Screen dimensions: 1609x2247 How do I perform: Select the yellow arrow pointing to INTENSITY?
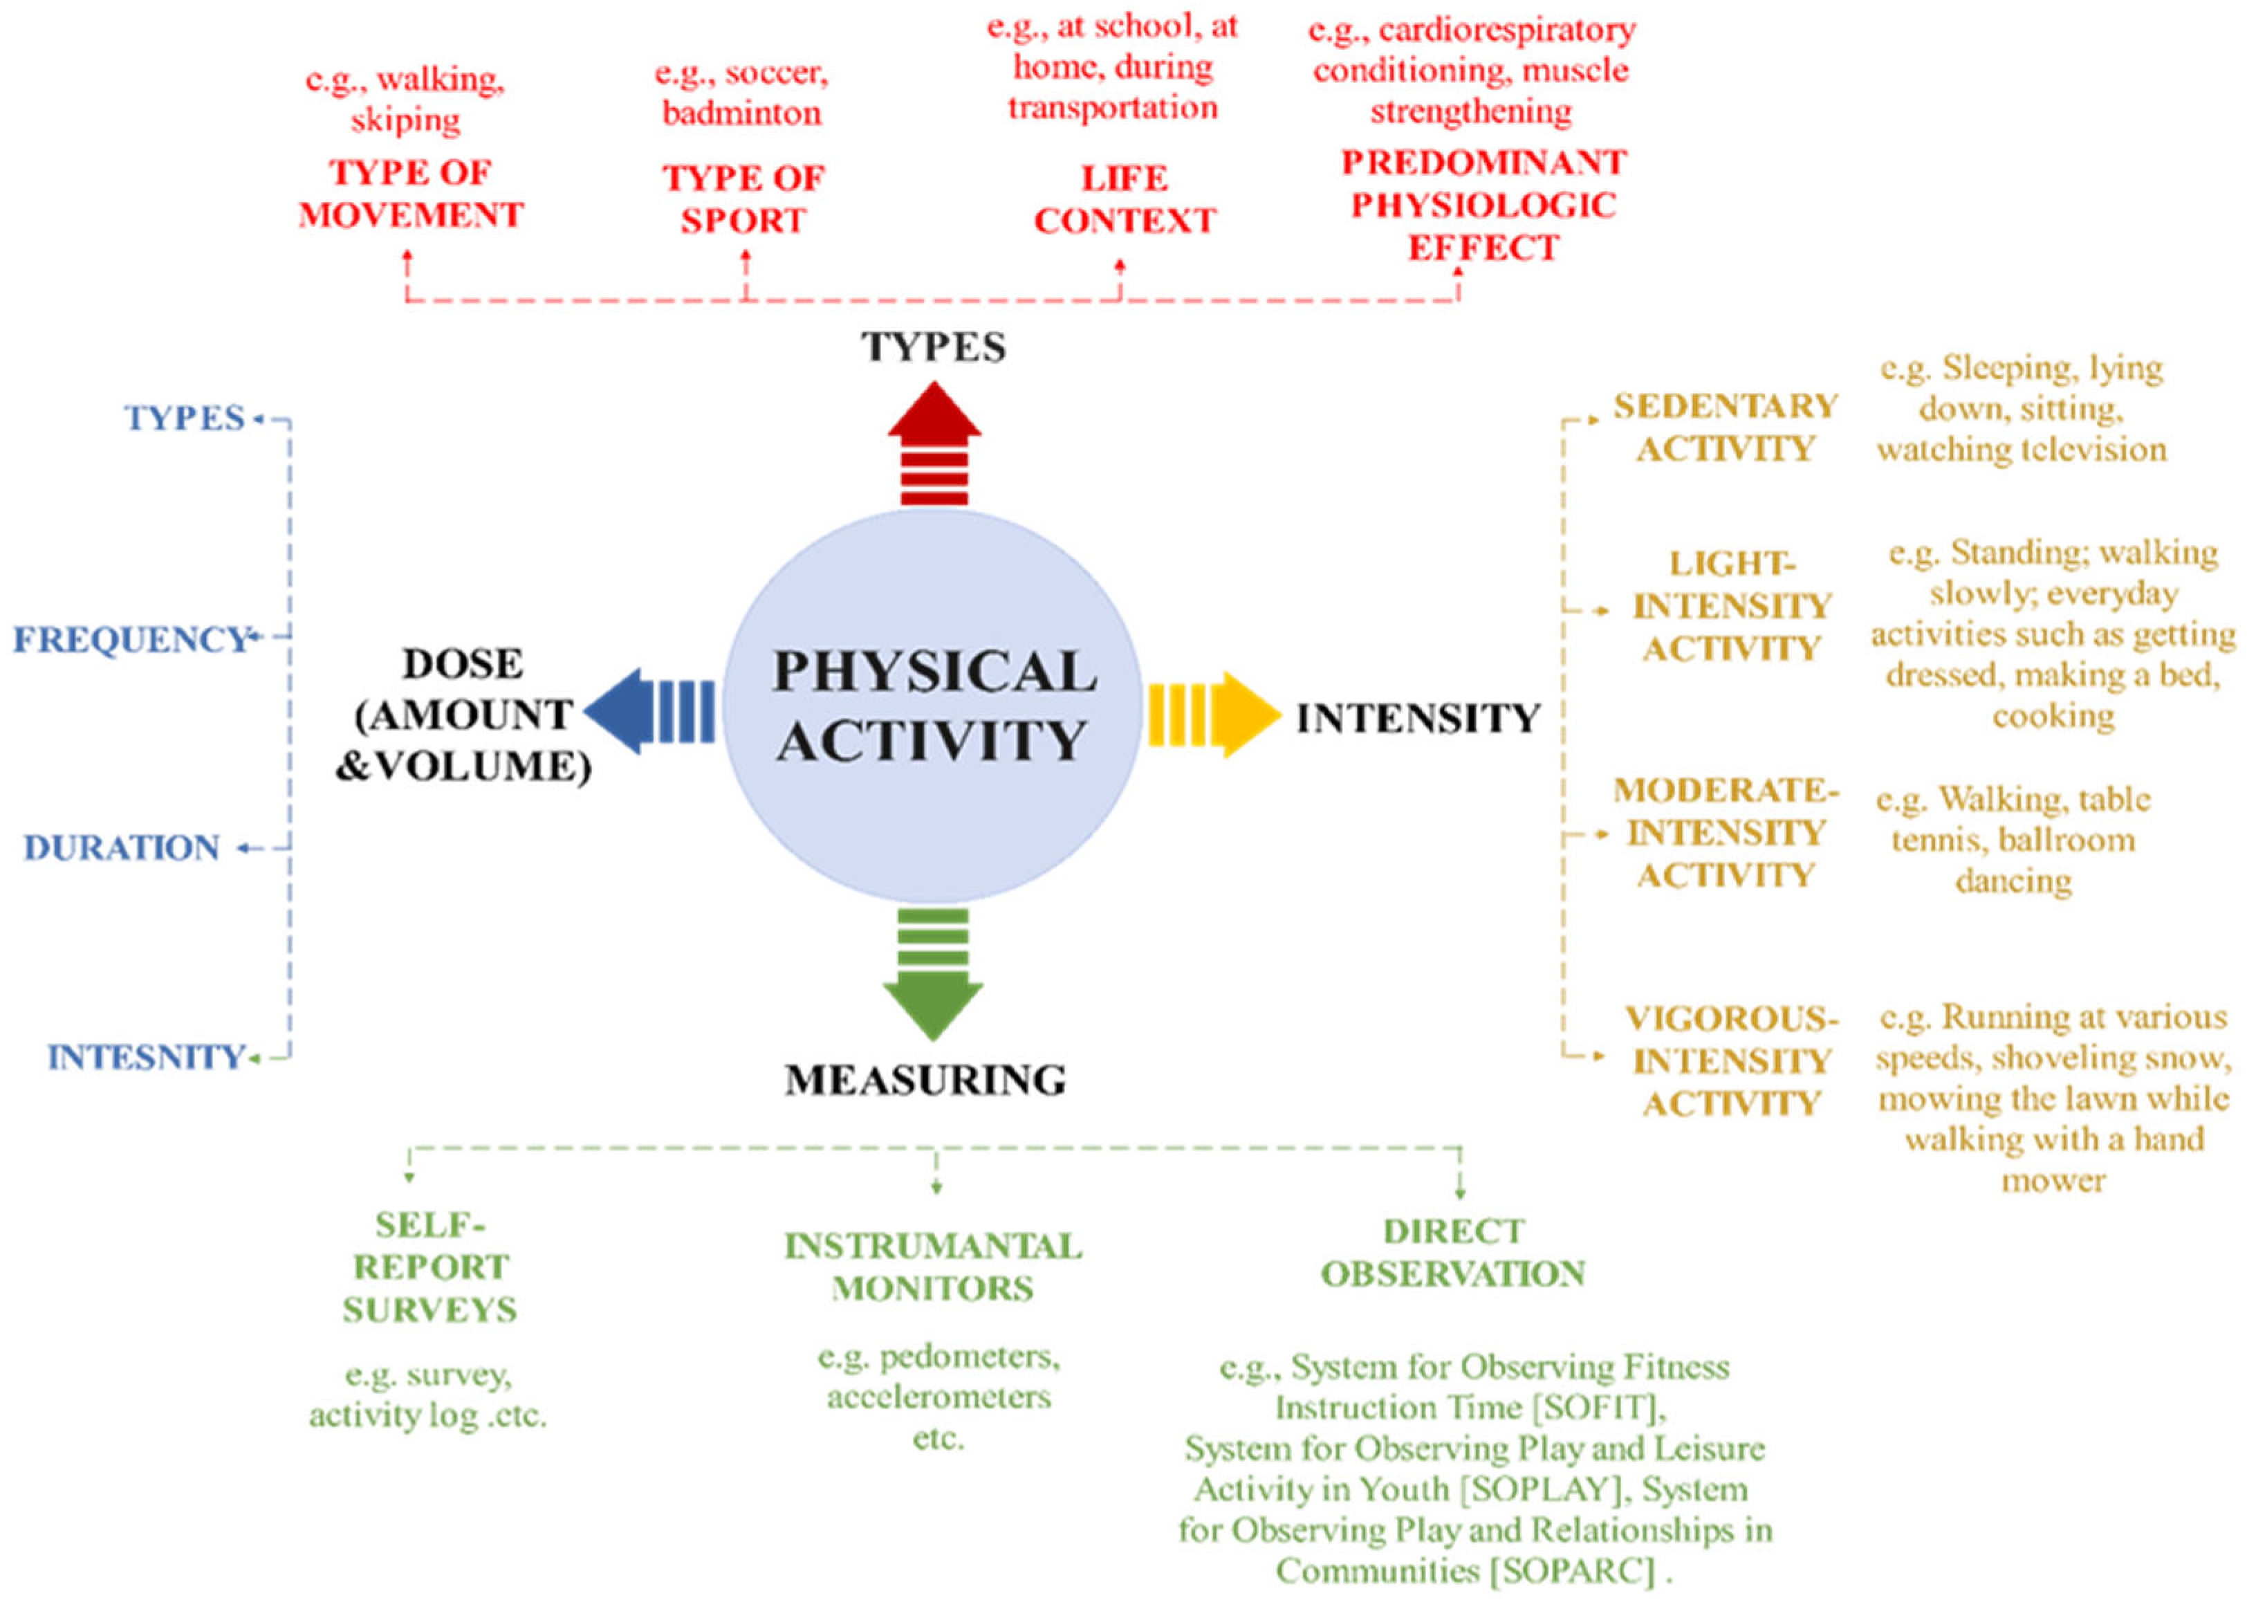pos(1212,715)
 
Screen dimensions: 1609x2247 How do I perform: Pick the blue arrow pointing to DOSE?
pos(649,710)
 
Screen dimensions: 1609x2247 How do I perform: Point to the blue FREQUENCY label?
pos(129,639)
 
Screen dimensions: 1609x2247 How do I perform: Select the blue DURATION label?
pos(122,848)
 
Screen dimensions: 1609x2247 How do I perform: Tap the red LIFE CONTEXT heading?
pos(1124,199)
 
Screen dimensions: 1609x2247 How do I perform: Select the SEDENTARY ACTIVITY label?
pos(1725,427)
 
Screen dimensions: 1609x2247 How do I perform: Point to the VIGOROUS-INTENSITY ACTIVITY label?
pos(1731,1060)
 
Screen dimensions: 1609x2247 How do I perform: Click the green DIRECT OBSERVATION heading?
pos(1453,1252)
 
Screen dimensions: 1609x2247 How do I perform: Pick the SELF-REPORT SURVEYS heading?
pos(429,1267)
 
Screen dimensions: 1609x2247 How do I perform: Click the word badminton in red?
pos(741,113)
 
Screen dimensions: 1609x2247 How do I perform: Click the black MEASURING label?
pos(925,1080)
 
